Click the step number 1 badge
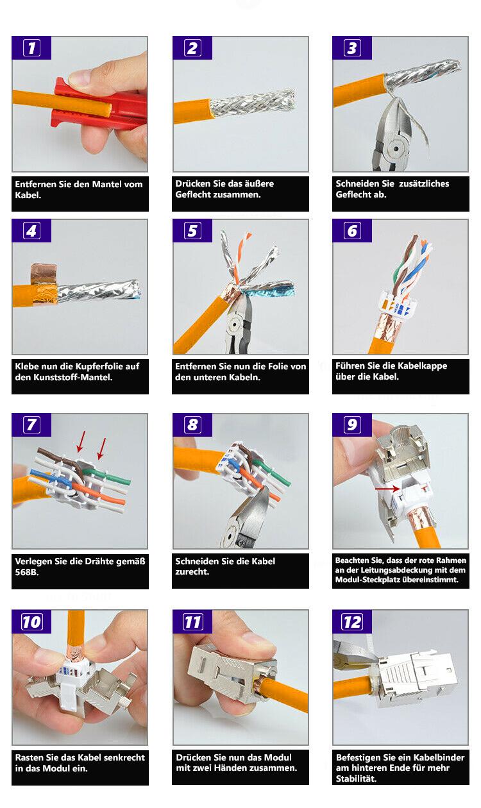(31, 47)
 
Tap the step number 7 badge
(31, 425)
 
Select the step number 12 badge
(352, 621)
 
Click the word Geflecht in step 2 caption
(191, 195)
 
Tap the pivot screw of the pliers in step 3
(396, 148)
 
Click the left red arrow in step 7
(81, 441)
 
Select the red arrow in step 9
(387, 489)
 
